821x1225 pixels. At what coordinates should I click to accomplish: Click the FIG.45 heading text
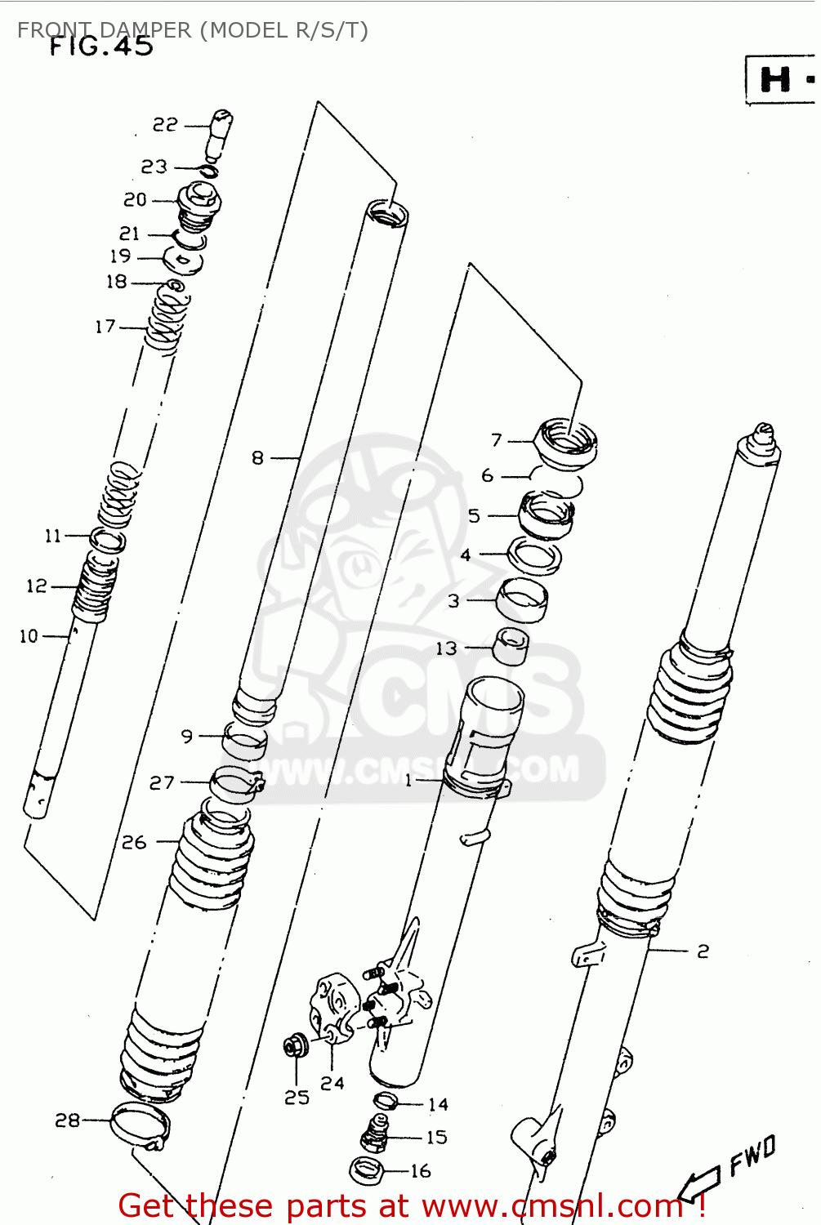(x=101, y=47)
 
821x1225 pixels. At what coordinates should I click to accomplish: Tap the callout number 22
(x=165, y=125)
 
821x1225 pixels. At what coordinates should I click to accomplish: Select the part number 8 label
(x=258, y=458)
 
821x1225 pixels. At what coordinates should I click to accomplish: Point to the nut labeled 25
(x=295, y=1046)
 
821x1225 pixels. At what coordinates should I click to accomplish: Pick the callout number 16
(x=421, y=1171)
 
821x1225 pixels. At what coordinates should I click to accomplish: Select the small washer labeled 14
(x=385, y=1101)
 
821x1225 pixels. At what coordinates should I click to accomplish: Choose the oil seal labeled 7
(x=565, y=442)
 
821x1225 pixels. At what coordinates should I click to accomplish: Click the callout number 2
(x=703, y=951)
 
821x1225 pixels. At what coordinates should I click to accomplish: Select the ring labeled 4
(x=534, y=555)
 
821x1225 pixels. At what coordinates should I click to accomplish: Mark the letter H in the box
(x=774, y=80)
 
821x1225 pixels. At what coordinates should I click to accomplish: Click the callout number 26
(x=134, y=842)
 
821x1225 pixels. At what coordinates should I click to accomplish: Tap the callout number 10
(x=29, y=636)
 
